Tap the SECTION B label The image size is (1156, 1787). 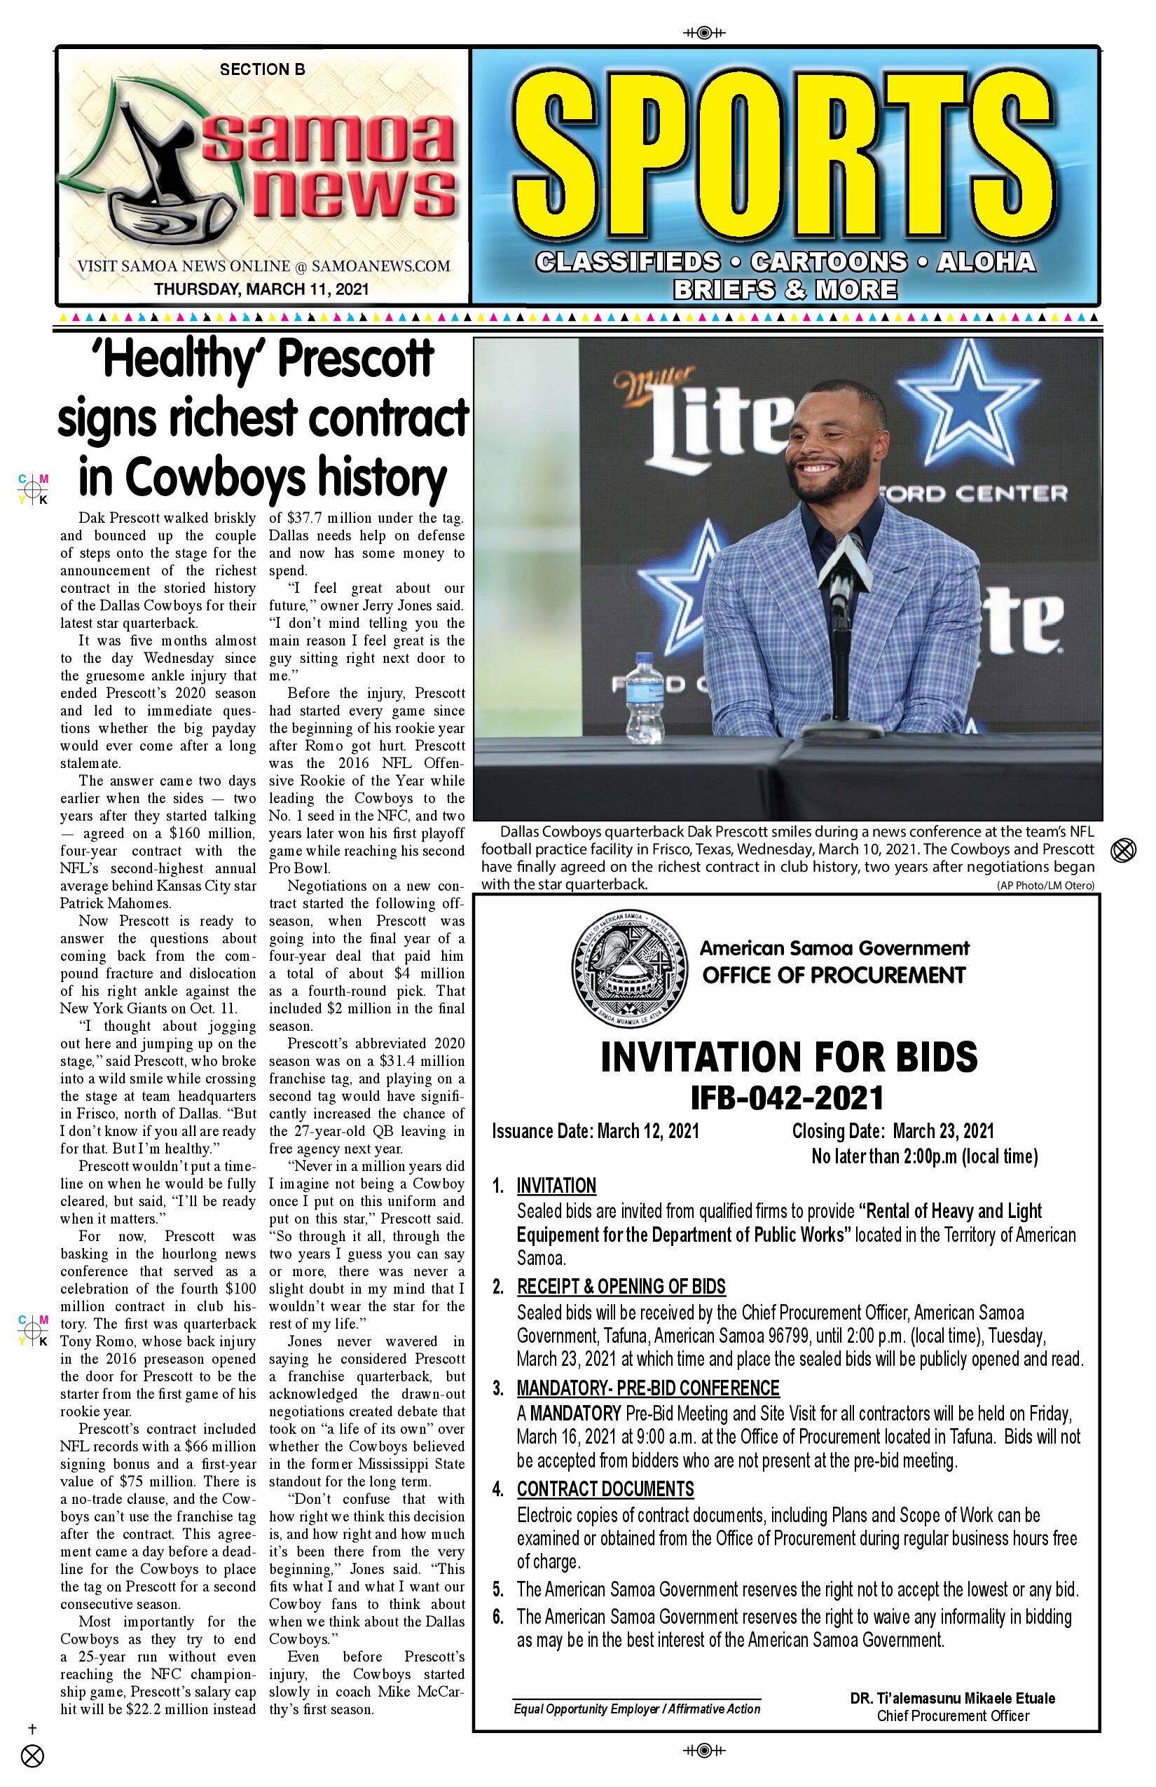(262, 70)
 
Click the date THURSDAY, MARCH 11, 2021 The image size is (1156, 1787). (261, 289)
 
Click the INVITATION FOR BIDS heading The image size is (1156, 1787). (789, 1057)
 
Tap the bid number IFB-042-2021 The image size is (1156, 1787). (787, 1097)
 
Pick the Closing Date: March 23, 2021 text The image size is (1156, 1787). (893, 1131)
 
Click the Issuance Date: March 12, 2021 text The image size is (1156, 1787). (596, 1131)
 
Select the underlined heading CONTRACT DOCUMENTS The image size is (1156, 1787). (605, 1488)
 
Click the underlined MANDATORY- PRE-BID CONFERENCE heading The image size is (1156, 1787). (648, 1388)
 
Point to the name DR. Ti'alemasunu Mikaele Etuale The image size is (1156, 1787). (953, 1697)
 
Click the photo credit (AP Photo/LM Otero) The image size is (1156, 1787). (1045, 886)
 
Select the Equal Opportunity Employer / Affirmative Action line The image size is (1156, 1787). (637, 1709)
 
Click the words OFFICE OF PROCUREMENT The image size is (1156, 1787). (833, 975)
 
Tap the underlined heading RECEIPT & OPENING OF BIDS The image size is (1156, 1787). (621, 1286)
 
